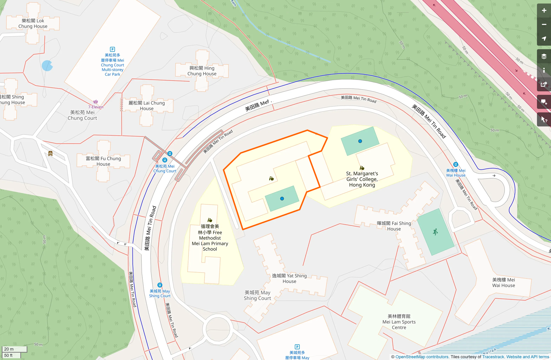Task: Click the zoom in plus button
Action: point(544,11)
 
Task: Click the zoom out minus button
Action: point(544,25)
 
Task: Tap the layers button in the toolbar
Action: point(544,56)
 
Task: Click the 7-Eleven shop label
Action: point(96,107)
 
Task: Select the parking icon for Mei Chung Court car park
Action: point(112,49)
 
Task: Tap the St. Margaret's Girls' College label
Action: point(362,179)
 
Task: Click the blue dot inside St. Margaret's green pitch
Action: point(360,141)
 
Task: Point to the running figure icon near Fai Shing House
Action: point(435,232)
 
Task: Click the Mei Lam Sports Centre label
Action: point(399,322)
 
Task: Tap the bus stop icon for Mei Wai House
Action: point(455,164)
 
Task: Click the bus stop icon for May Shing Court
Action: point(160,285)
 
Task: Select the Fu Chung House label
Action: point(103,161)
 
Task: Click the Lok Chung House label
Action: point(33,23)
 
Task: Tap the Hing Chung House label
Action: point(202,71)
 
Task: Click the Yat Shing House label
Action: point(289,278)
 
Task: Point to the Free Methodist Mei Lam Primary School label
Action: point(210,238)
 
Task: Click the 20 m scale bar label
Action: point(9,349)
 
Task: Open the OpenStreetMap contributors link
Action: point(422,357)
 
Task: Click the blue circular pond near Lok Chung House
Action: point(47,66)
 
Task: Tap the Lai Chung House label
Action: point(147,106)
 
